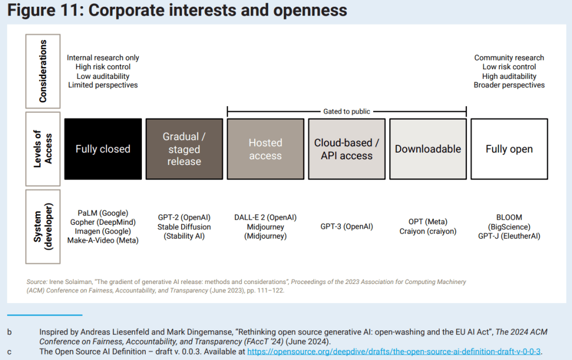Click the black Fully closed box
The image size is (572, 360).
103,149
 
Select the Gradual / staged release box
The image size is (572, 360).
184,149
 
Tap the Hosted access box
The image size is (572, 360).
265,149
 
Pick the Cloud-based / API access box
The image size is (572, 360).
346,149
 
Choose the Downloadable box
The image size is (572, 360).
428,149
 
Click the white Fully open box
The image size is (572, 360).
509,149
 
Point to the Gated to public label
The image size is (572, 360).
347,111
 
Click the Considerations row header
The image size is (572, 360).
44,71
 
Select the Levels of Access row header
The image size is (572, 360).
44,149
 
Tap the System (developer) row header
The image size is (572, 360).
44,226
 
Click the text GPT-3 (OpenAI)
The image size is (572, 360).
347,226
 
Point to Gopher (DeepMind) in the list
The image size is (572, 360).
103,222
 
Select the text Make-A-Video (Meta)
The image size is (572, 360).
103,240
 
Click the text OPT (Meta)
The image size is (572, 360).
428,222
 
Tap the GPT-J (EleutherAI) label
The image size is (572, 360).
509,236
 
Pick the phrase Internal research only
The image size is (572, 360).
103,58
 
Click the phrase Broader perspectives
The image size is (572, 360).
509,85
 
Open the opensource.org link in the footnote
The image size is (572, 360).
394,352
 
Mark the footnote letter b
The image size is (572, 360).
9,332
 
